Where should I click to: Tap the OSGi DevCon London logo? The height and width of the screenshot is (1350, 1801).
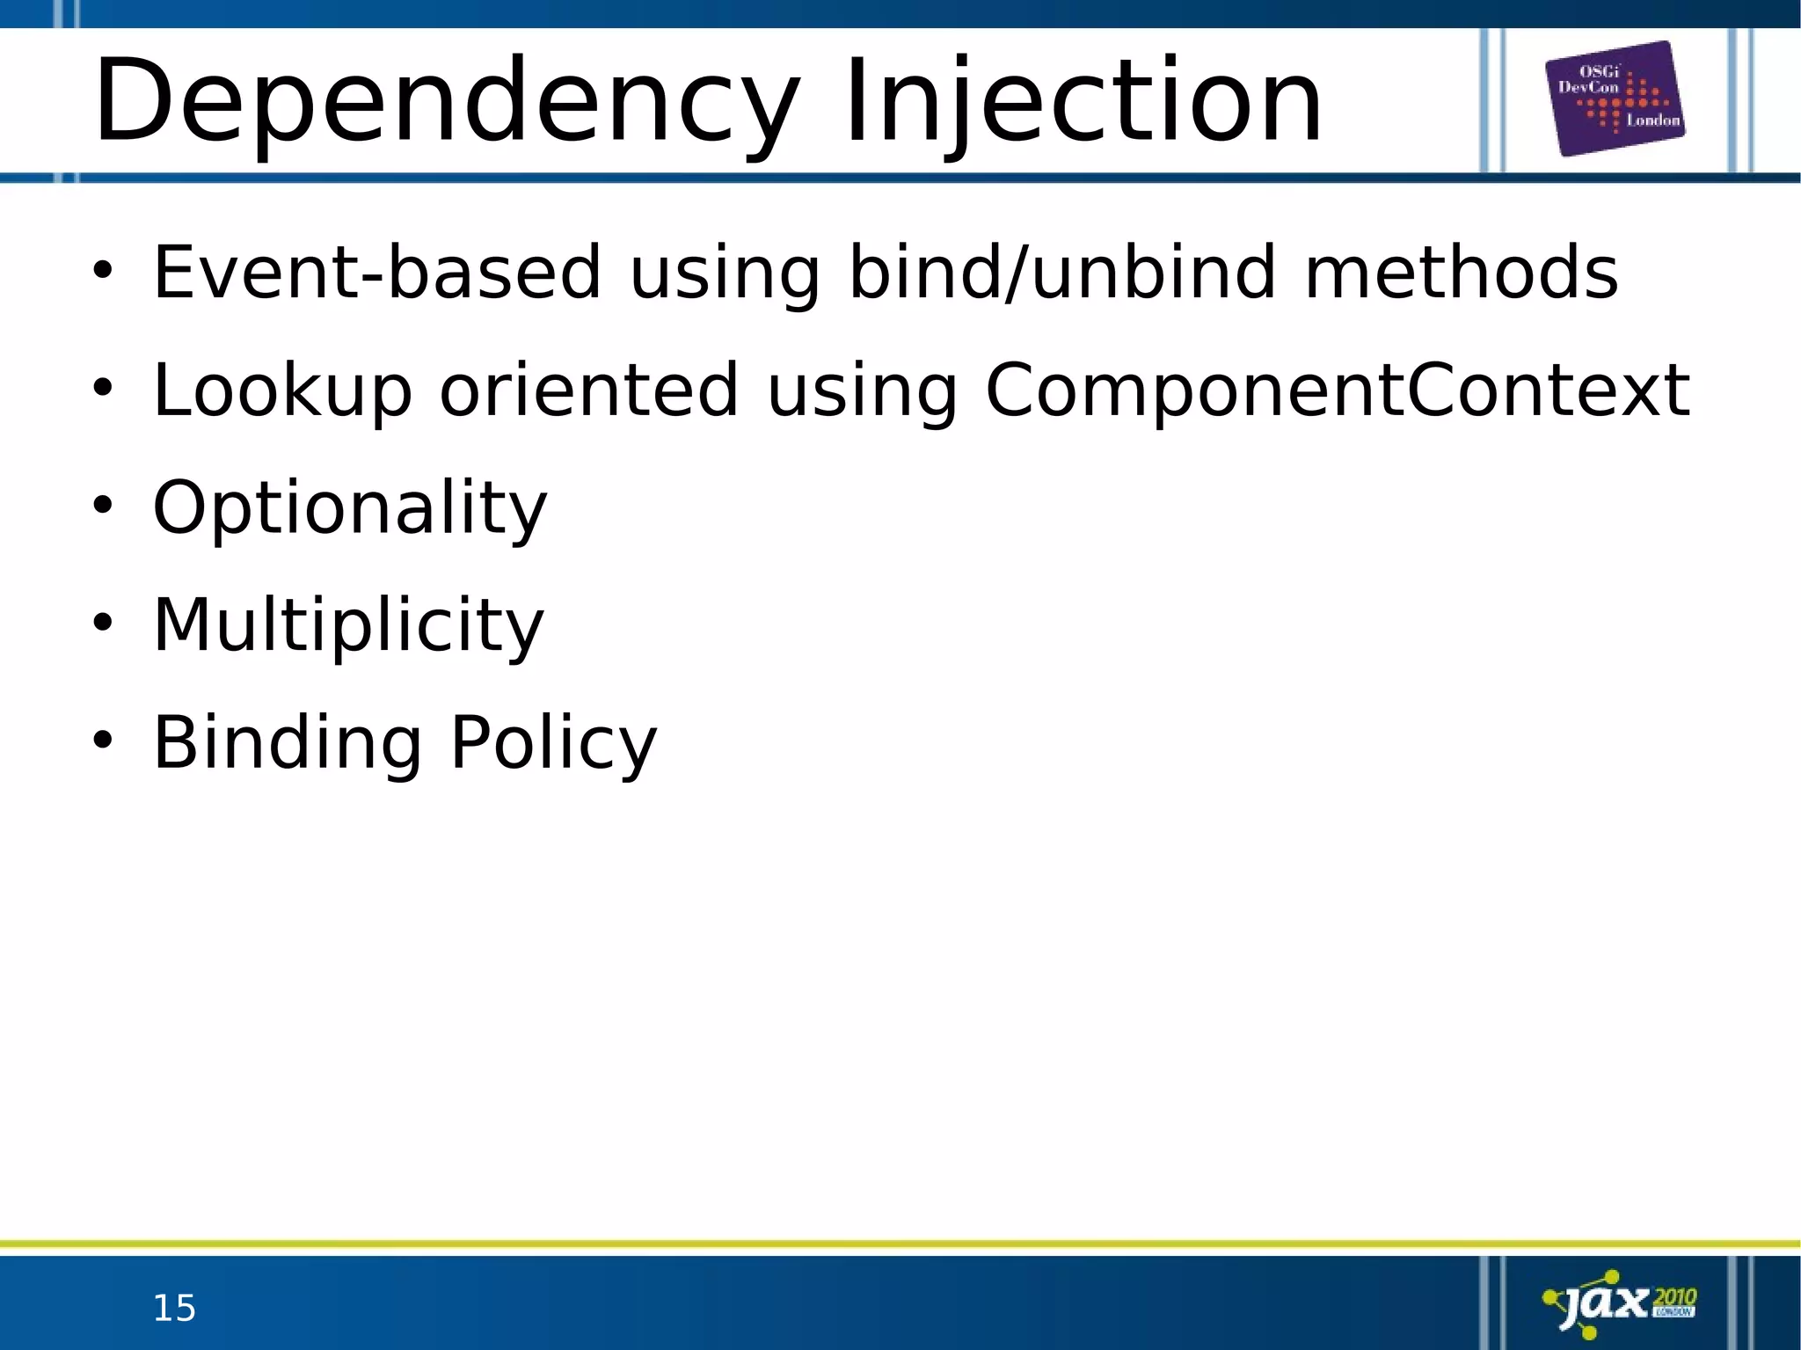tap(1615, 99)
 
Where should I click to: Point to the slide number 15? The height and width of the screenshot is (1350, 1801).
tap(174, 1309)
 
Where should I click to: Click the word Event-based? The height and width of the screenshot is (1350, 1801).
tap(377, 272)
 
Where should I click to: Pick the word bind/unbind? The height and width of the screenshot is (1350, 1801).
tap(1061, 272)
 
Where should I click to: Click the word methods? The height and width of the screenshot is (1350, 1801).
tap(1461, 272)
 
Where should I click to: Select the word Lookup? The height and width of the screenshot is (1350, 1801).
tap(282, 390)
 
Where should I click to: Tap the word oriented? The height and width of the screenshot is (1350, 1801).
tap(589, 390)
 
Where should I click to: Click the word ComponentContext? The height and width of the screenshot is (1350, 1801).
tap(1337, 390)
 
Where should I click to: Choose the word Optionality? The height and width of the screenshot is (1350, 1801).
tap(350, 507)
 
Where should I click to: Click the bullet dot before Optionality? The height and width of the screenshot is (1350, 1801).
tap(103, 506)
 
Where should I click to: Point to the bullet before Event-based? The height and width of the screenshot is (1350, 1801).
tap(103, 270)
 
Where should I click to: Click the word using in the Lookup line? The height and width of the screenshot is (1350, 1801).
tap(862, 390)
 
